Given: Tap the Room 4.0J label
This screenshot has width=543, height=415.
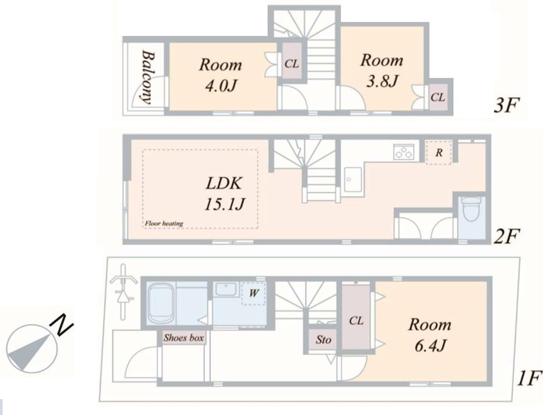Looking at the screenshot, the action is tap(220, 75).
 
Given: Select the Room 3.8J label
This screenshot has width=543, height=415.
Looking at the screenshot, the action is tap(382, 70).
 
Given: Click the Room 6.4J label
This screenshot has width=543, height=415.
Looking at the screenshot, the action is tap(430, 335).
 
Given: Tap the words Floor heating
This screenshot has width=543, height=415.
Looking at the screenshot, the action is tap(164, 223).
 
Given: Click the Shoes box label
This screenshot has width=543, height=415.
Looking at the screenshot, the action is tap(184, 338).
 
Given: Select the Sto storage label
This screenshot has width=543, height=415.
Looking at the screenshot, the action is tap(323, 340).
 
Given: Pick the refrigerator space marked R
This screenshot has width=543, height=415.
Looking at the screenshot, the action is tap(439, 153).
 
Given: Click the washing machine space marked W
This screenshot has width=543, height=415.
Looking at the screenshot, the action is tap(254, 293).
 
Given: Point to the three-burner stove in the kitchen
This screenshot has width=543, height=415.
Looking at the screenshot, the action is tap(404, 152).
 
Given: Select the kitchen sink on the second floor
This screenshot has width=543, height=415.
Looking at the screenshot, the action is tap(353, 179).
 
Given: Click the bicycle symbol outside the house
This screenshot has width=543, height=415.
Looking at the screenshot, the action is tap(122, 292).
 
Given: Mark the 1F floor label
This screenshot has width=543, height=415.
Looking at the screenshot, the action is tap(529, 378).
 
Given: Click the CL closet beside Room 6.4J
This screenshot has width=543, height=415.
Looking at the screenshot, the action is tap(356, 321).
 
